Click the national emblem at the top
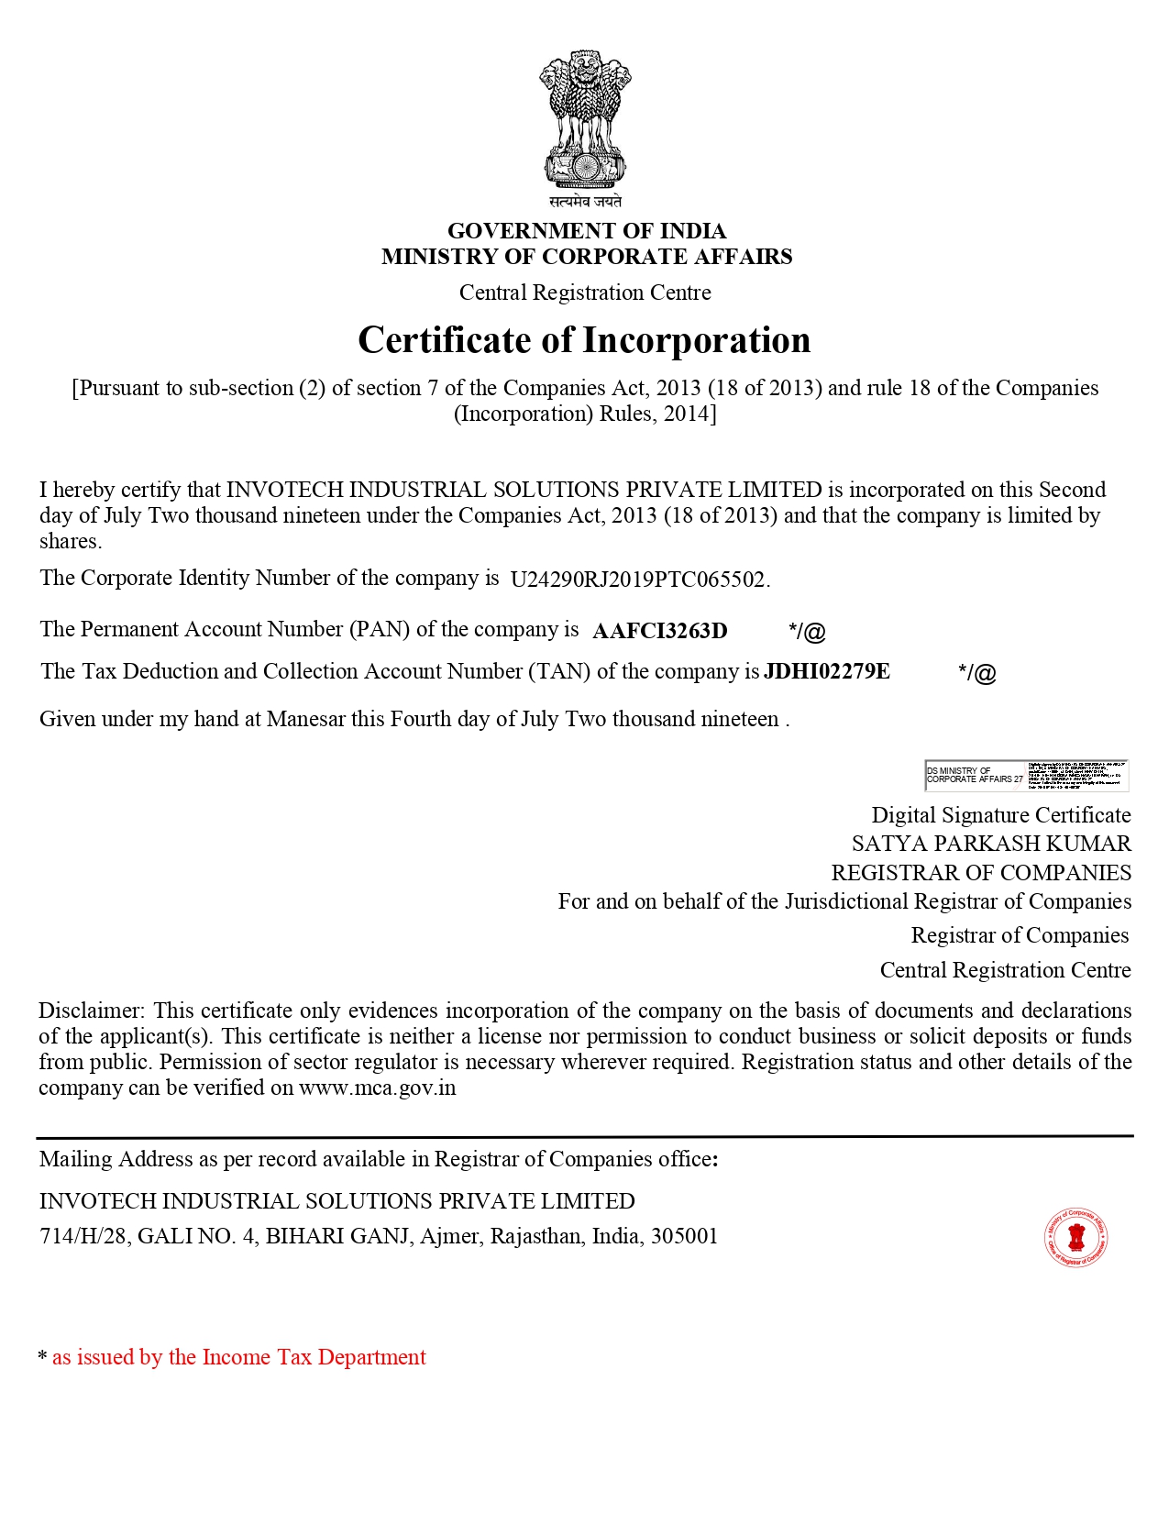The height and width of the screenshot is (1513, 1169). pyautogui.click(x=585, y=119)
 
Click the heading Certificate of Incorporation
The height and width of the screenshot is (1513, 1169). pyautogui.click(x=584, y=340)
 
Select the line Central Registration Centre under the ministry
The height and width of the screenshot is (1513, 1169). pyautogui.click(x=585, y=293)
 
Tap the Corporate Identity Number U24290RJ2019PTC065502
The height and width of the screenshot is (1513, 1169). pyautogui.click(x=638, y=580)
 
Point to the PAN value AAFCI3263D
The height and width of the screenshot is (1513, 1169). pyautogui.click(x=660, y=631)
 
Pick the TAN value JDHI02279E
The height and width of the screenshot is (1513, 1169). pyautogui.click(x=827, y=671)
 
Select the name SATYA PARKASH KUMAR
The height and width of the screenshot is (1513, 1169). pyautogui.click(x=990, y=844)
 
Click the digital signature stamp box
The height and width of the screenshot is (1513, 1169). pyautogui.click(x=1026, y=775)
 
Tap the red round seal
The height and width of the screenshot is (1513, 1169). pyautogui.click(x=1076, y=1238)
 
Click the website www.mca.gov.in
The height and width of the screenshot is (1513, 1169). pyautogui.click(x=377, y=1088)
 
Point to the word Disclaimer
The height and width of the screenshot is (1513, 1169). pyautogui.click(x=91, y=1011)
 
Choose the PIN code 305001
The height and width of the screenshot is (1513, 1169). pyautogui.click(x=684, y=1236)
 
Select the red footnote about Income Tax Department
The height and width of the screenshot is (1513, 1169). pyautogui.click(x=238, y=1357)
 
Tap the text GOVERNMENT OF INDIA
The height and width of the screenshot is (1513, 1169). pyautogui.click(x=587, y=231)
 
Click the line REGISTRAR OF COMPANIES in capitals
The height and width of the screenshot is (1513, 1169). pyautogui.click(x=981, y=873)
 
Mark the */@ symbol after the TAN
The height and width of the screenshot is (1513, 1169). pyautogui.click(x=976, y=673)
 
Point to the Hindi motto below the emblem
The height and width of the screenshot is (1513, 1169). pyautogui.click(x=585, y=201)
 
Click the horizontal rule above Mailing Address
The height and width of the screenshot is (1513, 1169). pyautogui.click(x=585, y=1136)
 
